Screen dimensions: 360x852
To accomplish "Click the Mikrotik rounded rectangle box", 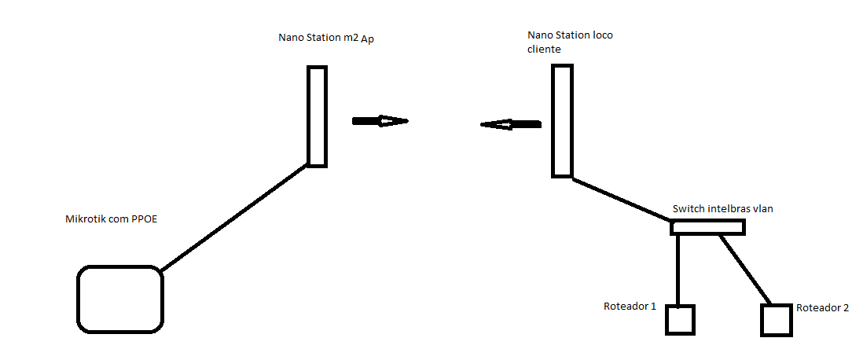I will [119, 299].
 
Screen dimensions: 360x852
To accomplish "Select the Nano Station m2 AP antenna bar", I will [317, 116].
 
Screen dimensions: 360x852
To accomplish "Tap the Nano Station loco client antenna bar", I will [562, 120].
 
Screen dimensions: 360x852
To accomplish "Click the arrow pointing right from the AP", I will [380, 121].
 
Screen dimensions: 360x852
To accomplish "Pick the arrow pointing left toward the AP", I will [511, 124].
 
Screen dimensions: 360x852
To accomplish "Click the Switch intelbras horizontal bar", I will [707, 228].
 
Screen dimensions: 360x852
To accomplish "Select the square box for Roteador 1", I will [680, 320].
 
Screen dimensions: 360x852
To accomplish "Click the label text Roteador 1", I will [630, 307].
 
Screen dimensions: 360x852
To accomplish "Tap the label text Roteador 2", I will [822, 308].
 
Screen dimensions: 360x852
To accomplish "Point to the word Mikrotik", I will [84, 219].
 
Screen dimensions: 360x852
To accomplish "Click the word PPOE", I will [143, 219].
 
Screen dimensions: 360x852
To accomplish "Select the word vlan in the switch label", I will [763, 209].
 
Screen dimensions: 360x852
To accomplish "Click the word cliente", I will [544, 49].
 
